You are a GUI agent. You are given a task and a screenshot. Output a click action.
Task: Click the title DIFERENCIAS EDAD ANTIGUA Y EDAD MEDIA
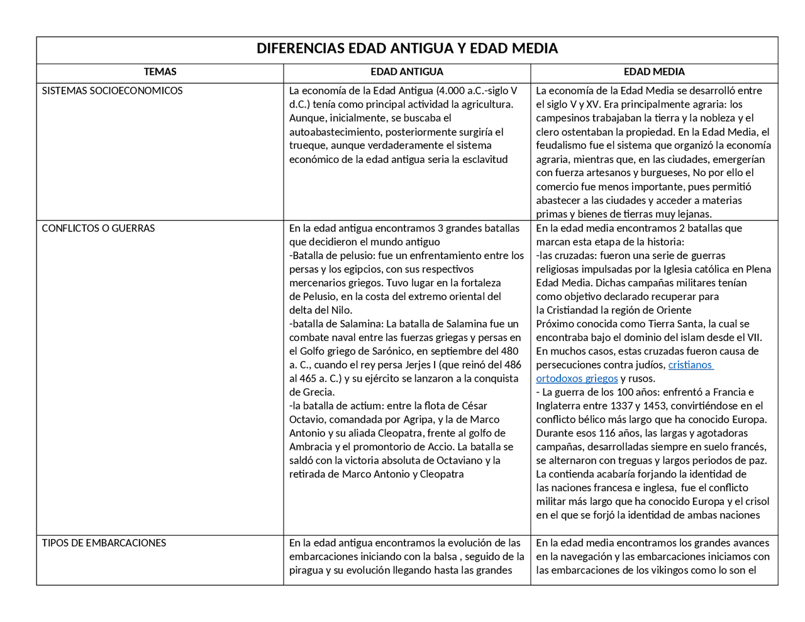pyautogui.click(x=407, y=48)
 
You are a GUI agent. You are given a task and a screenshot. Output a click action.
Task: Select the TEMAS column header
pyautogui.click(x=160, y=72)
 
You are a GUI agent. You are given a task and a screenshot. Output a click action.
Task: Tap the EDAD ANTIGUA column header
pyautogui.click(x=407, y=72)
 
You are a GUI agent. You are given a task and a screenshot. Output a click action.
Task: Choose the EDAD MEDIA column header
pyautogui.click(x=654, y=72)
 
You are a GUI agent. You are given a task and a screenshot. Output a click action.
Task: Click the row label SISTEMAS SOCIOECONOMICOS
pyautogui.click(x=112, y=91)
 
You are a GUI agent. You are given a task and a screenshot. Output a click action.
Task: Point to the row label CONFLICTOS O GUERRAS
pyautogui.click(x=98, y=228)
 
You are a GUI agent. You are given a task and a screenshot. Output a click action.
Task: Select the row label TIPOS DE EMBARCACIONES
pyautogui.click(x=104, y=543)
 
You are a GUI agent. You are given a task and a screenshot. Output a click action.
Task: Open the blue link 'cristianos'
pyautogui.click(x=690, y=365)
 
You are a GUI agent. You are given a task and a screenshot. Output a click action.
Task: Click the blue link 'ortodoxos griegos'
pyautogui.click(x=577, y=379)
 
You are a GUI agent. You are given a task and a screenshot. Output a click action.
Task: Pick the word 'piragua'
pyautogui.click(x=306, y=570)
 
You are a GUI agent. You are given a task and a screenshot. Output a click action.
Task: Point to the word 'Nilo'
pyautogui.click(x=342, y=310)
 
